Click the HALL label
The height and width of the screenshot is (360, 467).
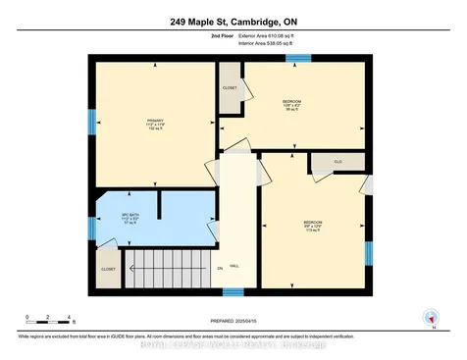coord(233,266)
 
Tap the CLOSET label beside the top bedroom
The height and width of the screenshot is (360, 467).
coord(230,87)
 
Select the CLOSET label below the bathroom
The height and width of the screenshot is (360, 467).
coord(107,268)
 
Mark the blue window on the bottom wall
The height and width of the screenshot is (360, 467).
coord(233,291)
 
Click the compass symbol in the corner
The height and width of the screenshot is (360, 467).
coord(428,317)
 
